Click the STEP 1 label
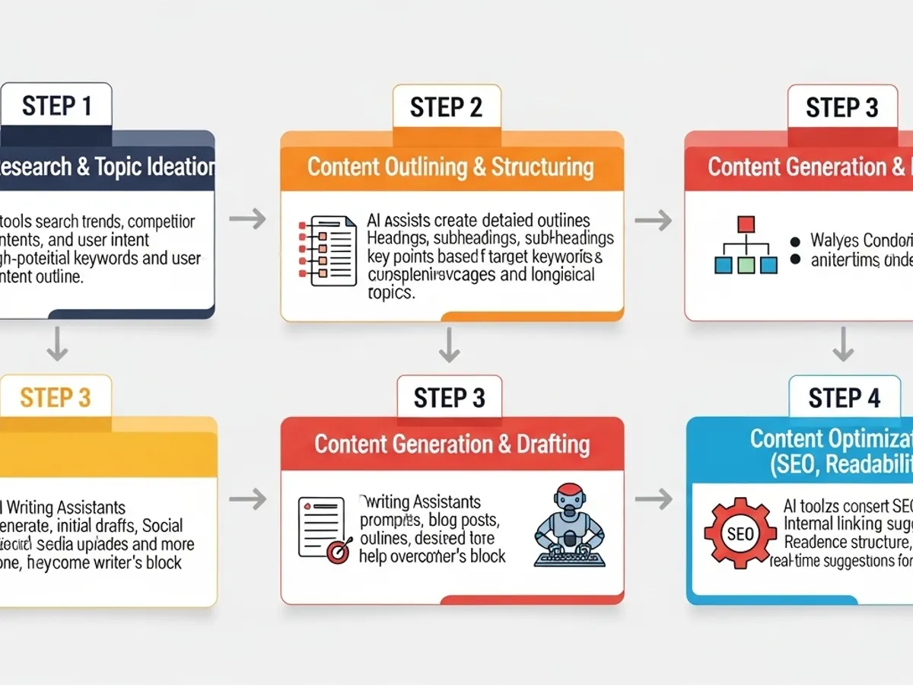coord(56,106)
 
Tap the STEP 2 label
coord(446,107)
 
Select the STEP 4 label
coord(844,397)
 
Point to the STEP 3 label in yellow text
coord(56,397)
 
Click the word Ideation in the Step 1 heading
coord(177,167)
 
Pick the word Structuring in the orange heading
coord(542,167)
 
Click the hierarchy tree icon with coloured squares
coord(746,245)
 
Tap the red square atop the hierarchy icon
coord(746,224)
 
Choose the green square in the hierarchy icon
coord(746,265)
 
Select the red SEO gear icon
coord(739,534)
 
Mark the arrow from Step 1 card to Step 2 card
coord(247,220)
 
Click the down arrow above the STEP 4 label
coord(842,344)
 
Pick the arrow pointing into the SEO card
coord(654,499)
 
